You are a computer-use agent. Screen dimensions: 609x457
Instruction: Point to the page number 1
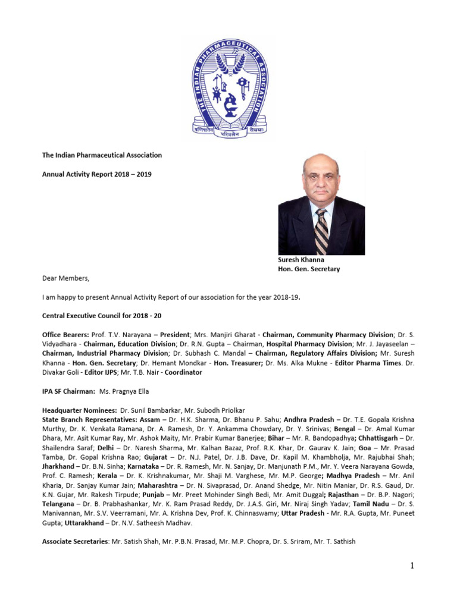411,565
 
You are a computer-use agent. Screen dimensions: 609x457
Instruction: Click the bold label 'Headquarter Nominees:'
79,410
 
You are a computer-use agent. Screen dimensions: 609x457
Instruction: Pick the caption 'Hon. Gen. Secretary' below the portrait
309,269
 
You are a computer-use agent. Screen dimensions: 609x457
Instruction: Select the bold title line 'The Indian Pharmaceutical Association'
101,155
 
